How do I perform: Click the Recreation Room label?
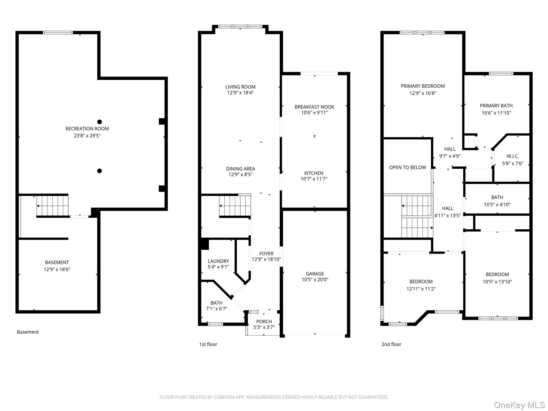[87, 129]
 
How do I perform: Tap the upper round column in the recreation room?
[100, 122]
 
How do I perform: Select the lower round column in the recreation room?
[100, 171]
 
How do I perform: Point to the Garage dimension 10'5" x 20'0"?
[315, 280]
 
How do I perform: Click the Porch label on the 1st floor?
[264, 321]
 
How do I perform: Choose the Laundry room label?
[218, 261]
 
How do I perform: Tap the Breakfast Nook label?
[314, 107]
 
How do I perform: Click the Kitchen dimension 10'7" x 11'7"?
[314, 179]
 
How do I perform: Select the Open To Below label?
[408, 168]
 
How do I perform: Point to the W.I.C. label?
[513, 156]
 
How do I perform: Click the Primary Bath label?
[496, 106]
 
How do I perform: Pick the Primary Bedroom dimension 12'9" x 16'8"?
[423, 93]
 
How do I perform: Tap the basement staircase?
[52, 206]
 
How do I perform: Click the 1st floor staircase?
[235, 206]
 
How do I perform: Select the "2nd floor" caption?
[391, 344]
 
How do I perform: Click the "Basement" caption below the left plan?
[28, 332]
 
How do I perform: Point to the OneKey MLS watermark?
[519, 405]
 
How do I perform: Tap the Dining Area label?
[241, 169]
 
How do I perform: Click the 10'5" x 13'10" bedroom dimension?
[497, 282]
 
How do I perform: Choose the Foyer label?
[266, 254]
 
